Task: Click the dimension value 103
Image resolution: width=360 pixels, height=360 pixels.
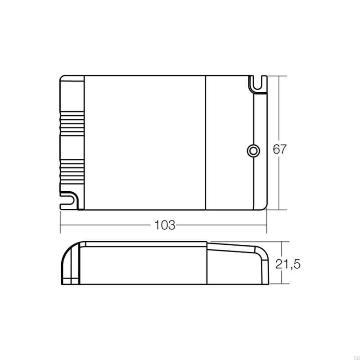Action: tap(165, 225)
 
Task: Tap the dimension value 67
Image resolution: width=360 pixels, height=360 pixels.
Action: tap(279, 149)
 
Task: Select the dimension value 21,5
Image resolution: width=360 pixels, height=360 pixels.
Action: tap(288, 264)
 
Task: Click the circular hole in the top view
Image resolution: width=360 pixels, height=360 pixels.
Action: tap(253, 150)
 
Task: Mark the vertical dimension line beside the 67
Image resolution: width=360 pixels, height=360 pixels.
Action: tap(279, 112)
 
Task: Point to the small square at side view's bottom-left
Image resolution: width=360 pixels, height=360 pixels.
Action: tap(70, 282)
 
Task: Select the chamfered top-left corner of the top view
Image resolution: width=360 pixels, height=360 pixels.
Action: tap(62, 78)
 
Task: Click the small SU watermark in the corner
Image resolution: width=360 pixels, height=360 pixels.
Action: tap(352, 355)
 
